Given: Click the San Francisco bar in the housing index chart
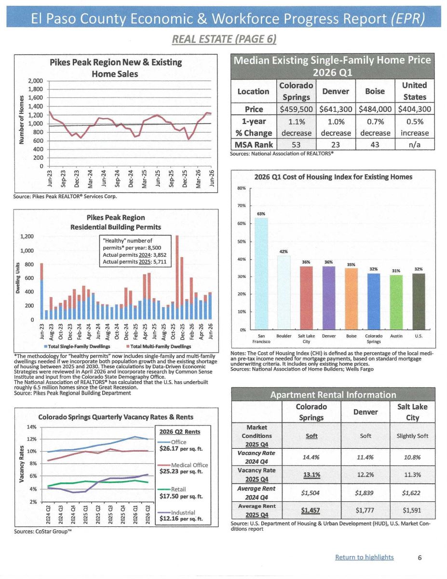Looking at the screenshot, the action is (261, 274).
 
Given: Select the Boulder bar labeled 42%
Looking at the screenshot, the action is (284, 292).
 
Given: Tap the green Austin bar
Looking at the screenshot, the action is (396, 302).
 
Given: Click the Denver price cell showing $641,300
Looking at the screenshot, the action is (336, 109).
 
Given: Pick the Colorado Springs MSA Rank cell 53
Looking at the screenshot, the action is (296, 145).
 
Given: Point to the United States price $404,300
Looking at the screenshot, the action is (414, 109).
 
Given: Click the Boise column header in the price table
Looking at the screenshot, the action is (375, 91).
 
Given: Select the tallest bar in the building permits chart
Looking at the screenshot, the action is (177, 277).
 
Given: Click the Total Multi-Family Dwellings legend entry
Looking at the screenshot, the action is (159, 346).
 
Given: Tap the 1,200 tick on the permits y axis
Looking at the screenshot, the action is (27, 236).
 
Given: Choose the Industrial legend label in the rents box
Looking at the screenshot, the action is (183, 512).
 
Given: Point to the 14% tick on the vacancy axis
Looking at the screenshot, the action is (32, 427).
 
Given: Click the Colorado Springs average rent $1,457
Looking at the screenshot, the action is (311, 510).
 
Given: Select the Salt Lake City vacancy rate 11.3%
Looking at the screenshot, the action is (412, 475).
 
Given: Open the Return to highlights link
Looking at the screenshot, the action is (364, 557).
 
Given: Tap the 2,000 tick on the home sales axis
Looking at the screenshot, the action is (35, 81).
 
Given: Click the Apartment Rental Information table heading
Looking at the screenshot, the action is (333, 395).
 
